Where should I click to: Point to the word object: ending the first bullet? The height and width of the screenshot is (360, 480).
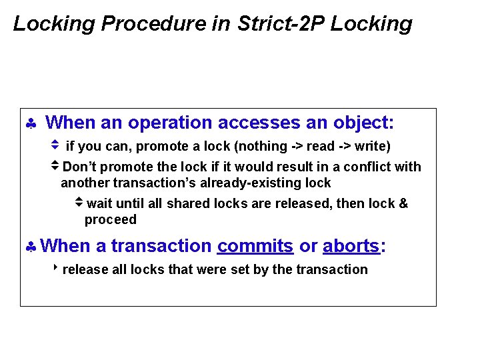pos(363,123)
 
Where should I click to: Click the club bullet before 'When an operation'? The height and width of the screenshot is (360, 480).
pos(31,124)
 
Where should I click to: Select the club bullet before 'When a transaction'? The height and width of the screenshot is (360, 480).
pos(31,247)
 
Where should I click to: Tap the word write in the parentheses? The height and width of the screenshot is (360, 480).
pos(371,146)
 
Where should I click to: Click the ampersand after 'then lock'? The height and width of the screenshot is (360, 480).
pos(403,203)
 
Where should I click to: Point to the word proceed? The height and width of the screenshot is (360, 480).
pos(110,219)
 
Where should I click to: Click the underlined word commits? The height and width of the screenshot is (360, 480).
pos(255,246)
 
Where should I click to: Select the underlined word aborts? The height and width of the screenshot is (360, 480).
pos(351,246)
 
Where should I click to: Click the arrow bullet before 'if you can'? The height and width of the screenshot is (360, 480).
pos(55,144)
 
